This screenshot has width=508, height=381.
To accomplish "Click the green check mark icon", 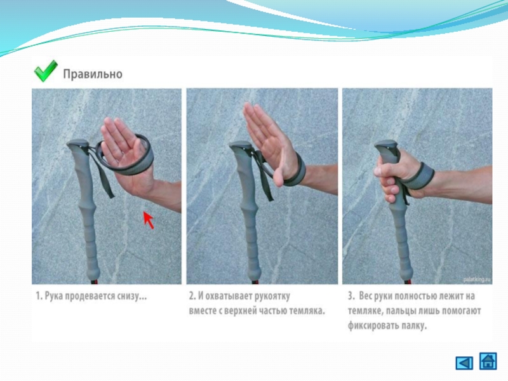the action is (x=45, y=71).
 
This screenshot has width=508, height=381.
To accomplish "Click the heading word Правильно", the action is (x=93, y=74).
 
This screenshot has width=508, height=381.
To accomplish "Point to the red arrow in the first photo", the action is (x=149, y=220).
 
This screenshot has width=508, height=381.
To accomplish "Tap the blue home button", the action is (x=488, y=361).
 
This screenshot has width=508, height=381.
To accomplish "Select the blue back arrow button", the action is (x=464, y=363).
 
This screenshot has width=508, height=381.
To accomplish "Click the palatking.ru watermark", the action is (x=477, y=279).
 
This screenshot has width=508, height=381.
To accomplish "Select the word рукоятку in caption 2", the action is (x=272, y=296).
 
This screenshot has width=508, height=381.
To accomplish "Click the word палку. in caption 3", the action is (x=415, y=325).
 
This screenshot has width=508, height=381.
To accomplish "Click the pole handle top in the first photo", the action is (x=77, y=144).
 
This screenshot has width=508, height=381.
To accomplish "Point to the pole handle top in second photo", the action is (x=241, y=145).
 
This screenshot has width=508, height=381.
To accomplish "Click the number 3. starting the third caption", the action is (x=351, y=296).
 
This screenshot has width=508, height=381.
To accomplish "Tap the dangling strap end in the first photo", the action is (x=106, y=185).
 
